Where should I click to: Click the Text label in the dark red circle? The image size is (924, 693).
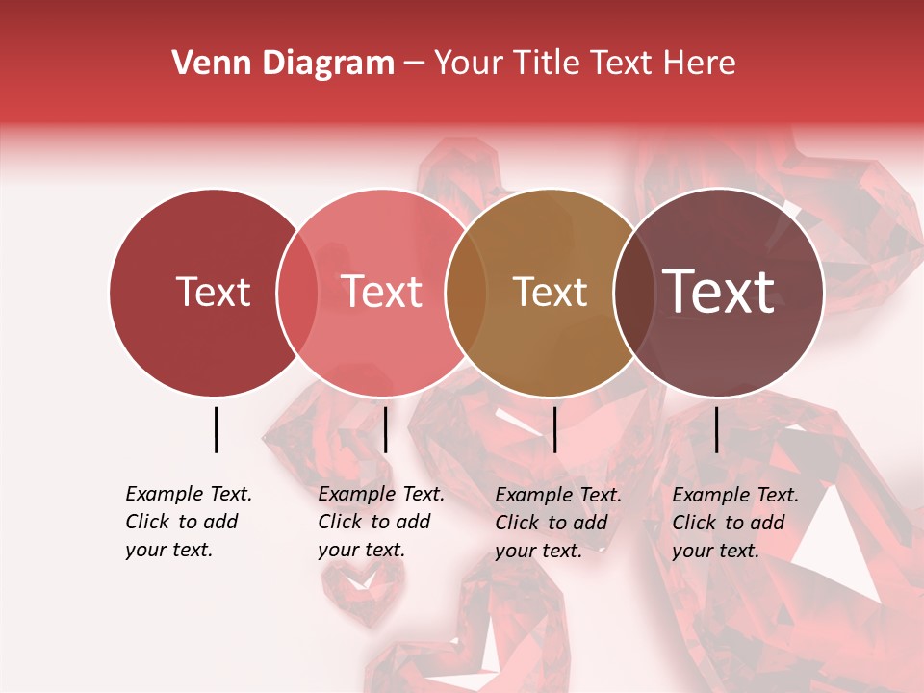[x=213, y=292]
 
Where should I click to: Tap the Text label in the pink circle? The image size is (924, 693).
[x=381, y=292]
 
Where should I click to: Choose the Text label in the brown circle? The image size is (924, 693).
[x=550, y=292]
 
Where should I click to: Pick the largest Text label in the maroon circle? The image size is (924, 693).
[x=719, y=292]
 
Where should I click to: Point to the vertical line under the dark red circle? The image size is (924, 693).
[x=216, y=429]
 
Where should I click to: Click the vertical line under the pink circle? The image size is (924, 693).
[x=385, y=429]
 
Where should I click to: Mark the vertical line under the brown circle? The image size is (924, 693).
[x=554, y=429]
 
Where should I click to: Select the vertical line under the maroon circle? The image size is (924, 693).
[x=716, y=429]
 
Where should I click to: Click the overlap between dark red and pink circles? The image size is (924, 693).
[x=297, y=293]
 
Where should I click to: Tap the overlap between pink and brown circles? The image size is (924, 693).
[x=466, y=293]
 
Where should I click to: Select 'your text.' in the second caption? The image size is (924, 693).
[x=361, y=550]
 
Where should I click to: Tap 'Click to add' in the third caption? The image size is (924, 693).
[x=552, y=523]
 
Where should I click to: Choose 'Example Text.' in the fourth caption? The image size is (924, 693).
[x=735, y=495]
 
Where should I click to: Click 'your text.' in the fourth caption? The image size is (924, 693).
[x=715, y=551]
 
